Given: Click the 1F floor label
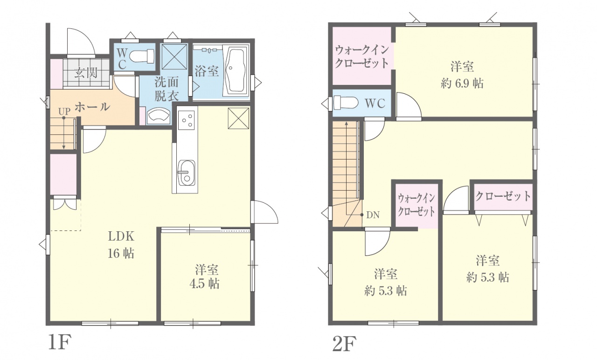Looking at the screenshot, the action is [60, 343].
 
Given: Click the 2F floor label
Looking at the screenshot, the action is [344, 343].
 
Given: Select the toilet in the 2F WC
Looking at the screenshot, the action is [346, 103].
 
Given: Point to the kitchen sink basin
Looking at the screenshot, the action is [186, 173].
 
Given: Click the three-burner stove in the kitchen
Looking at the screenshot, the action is [187, 120].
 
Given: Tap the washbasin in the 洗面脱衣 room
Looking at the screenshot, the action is [159, 117].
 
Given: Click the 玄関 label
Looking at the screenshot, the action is [86, 73].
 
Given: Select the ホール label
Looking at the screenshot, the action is [92, 107].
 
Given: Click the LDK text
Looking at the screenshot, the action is [121, 236].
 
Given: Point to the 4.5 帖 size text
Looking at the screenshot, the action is [204, 284].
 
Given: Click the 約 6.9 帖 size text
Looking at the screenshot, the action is [462, 83].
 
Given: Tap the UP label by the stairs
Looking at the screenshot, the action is [64, 111].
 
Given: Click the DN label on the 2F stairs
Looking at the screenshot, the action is [373, 215].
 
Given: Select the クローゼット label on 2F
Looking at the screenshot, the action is [503, 196].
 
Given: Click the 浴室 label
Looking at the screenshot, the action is [207, 71].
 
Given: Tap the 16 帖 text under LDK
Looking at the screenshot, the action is [121, 253].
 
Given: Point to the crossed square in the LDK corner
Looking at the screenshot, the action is [238, 118].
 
